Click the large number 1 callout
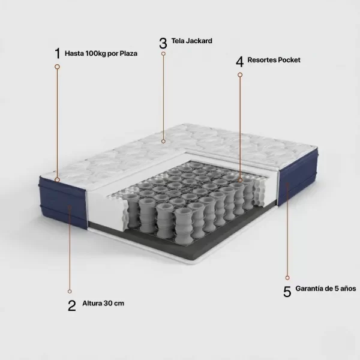click(x=58, y=53)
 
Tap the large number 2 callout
click(x=72, y=305)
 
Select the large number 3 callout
click(x=163, y=43)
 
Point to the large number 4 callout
click(x=239, y=62)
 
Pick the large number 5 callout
click(x=287, y=292)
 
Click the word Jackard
click(x=199, y=41)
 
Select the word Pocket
click(x=289, y=60)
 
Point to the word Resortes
click(x=262, y=60)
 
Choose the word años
click(x=348, y=289)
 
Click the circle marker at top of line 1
click(x=58, y=67)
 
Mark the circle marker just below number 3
click(x=163, y=54)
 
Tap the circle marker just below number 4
click(x=240, y=75)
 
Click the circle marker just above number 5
click(x=287, y=278)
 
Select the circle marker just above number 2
click(x=70, y=292)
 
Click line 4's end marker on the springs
click(x=240, y=180)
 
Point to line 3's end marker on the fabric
click(x=163, y=142)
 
